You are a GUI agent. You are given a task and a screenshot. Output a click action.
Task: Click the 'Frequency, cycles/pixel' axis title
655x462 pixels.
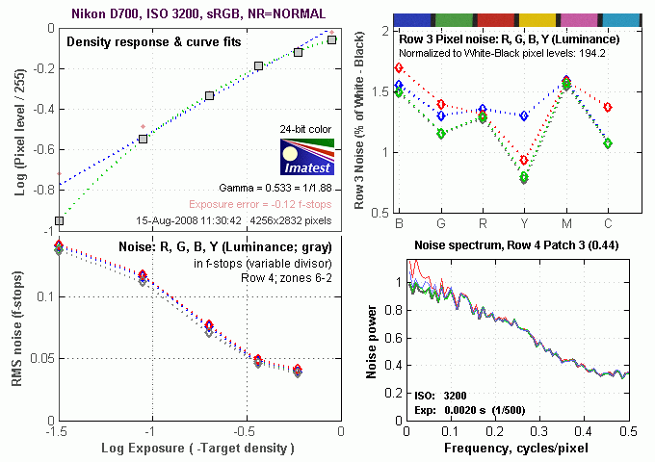point(518,449)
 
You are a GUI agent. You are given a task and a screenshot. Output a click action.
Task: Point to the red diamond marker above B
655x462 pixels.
point(399,68)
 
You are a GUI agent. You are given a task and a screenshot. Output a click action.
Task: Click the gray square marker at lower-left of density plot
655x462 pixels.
point(60,220)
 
